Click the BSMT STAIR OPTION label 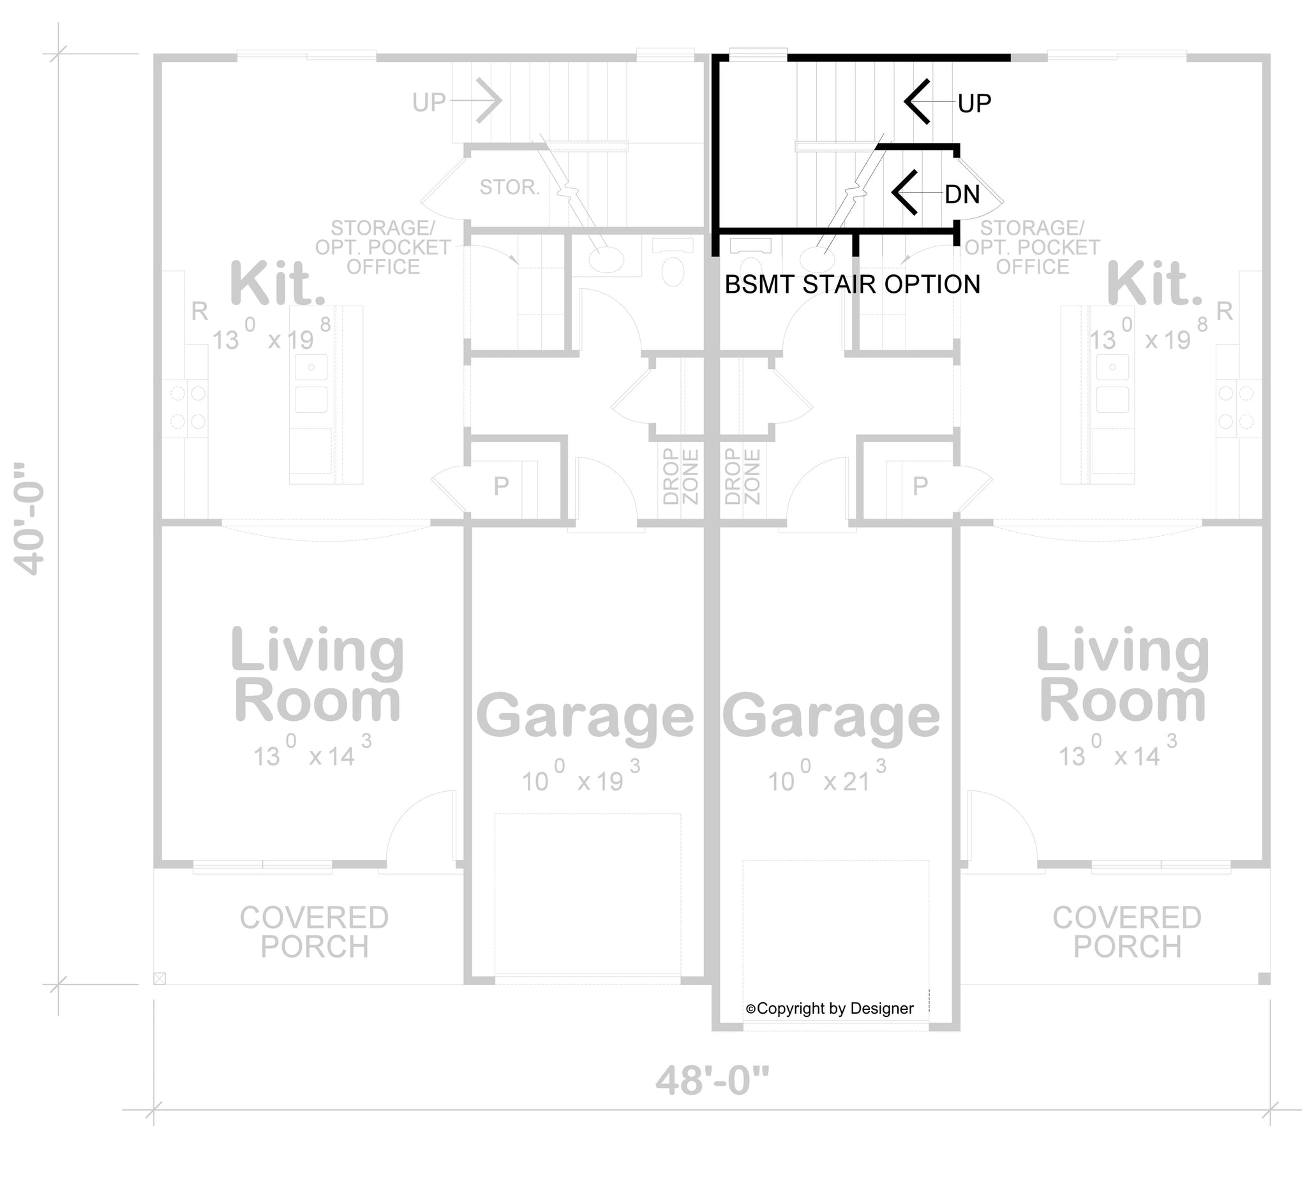point(852,285)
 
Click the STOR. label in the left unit point(509,188)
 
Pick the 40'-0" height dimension point(30,518)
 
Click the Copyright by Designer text point(830,1008)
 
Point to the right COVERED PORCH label point(1127,932)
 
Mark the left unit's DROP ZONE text point(681,477)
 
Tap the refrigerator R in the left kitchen point(199,313)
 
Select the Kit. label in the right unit point(1154,283)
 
